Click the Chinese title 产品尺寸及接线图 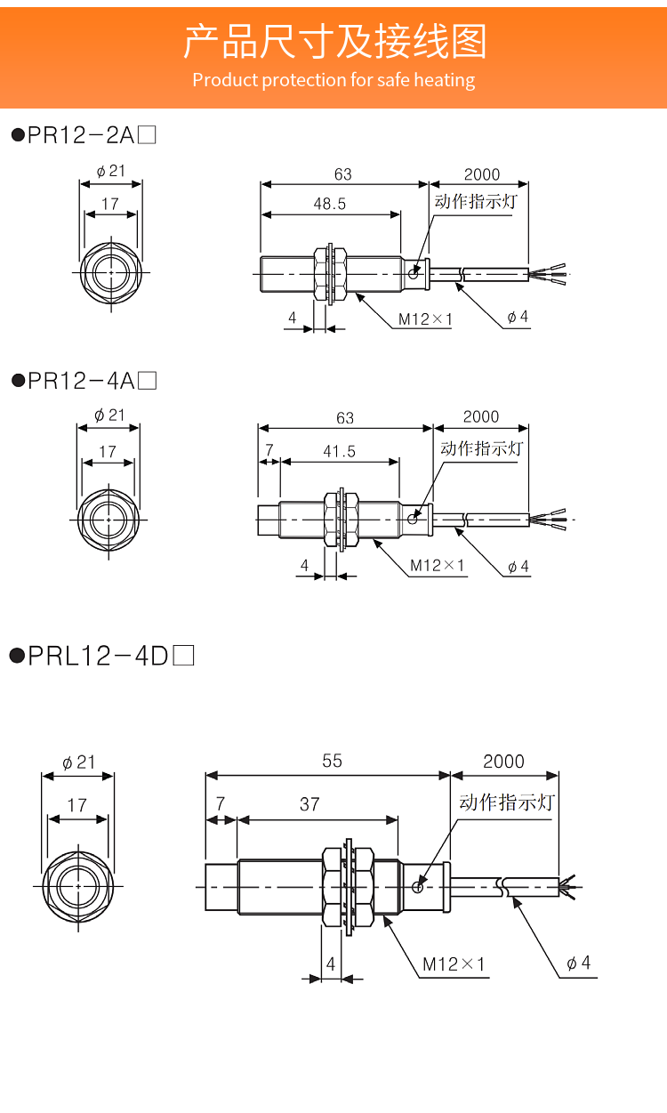pyautogui.click(x=334, y=42)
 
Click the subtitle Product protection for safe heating pyautogui.click(x=333, y=80)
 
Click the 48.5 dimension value pyautogui.click(x=329, y=204)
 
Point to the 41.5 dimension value pyautogui.click(x=339, y=451)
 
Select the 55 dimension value pyautogui.click(x=332, y=761)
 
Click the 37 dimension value pyautogui.click(x=309, y=804)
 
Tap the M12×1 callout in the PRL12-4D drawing pyautogui.click(x=453, y=964)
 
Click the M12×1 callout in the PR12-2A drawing pyautogui.click(x=425, y=319)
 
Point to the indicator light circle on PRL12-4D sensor pyautogui.click(x=418, y=887)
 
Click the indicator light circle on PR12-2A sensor pyautogui.click(x=414, y=273)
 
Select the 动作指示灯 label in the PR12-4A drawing pyautogui.click(x=482, y=448)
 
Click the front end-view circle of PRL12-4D pyautogui.click(x=78, y=887)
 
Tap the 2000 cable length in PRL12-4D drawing pyautogui.click(x=503, y=762)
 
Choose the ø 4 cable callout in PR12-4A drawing pyautogui.click(x=518, y=567)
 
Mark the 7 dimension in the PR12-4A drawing pyautogui.click(x=269, y=450)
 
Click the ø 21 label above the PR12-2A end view pyautogui.click(x=111, y=172)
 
